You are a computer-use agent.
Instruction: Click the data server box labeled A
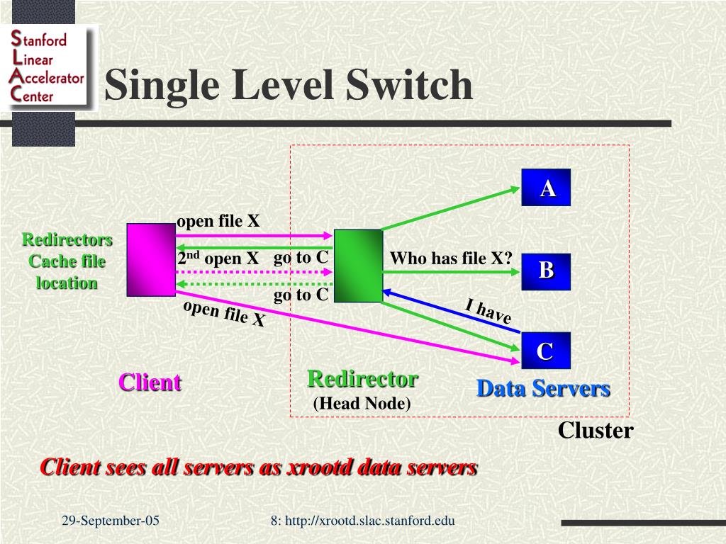[x=546, y=188]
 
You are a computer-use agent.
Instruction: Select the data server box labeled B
[x=546, y=271]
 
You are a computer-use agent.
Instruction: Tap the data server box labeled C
[x=545, y=351]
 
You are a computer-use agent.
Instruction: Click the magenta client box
[x=151, y=259]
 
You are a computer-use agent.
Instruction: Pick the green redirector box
[x=358, y=266]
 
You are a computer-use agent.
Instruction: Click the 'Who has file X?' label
[x=451, y=259]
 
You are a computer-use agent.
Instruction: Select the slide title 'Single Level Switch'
[x=289, y=85]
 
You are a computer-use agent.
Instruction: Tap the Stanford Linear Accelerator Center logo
[x=48, y=68]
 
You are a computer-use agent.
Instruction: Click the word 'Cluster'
[x=595, y=430]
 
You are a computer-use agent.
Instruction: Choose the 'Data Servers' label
[x=543, y=388]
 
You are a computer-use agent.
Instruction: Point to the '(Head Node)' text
[x=362, y=404]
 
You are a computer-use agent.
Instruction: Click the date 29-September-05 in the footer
[x=111, y=521]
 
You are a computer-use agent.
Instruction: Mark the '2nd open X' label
[x=218, y=259]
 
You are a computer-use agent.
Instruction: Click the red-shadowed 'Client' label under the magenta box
[x=150, y=382]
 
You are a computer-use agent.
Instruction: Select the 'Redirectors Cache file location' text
[x=67, y=261]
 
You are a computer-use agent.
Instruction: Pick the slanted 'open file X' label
[x=224, y=314]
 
